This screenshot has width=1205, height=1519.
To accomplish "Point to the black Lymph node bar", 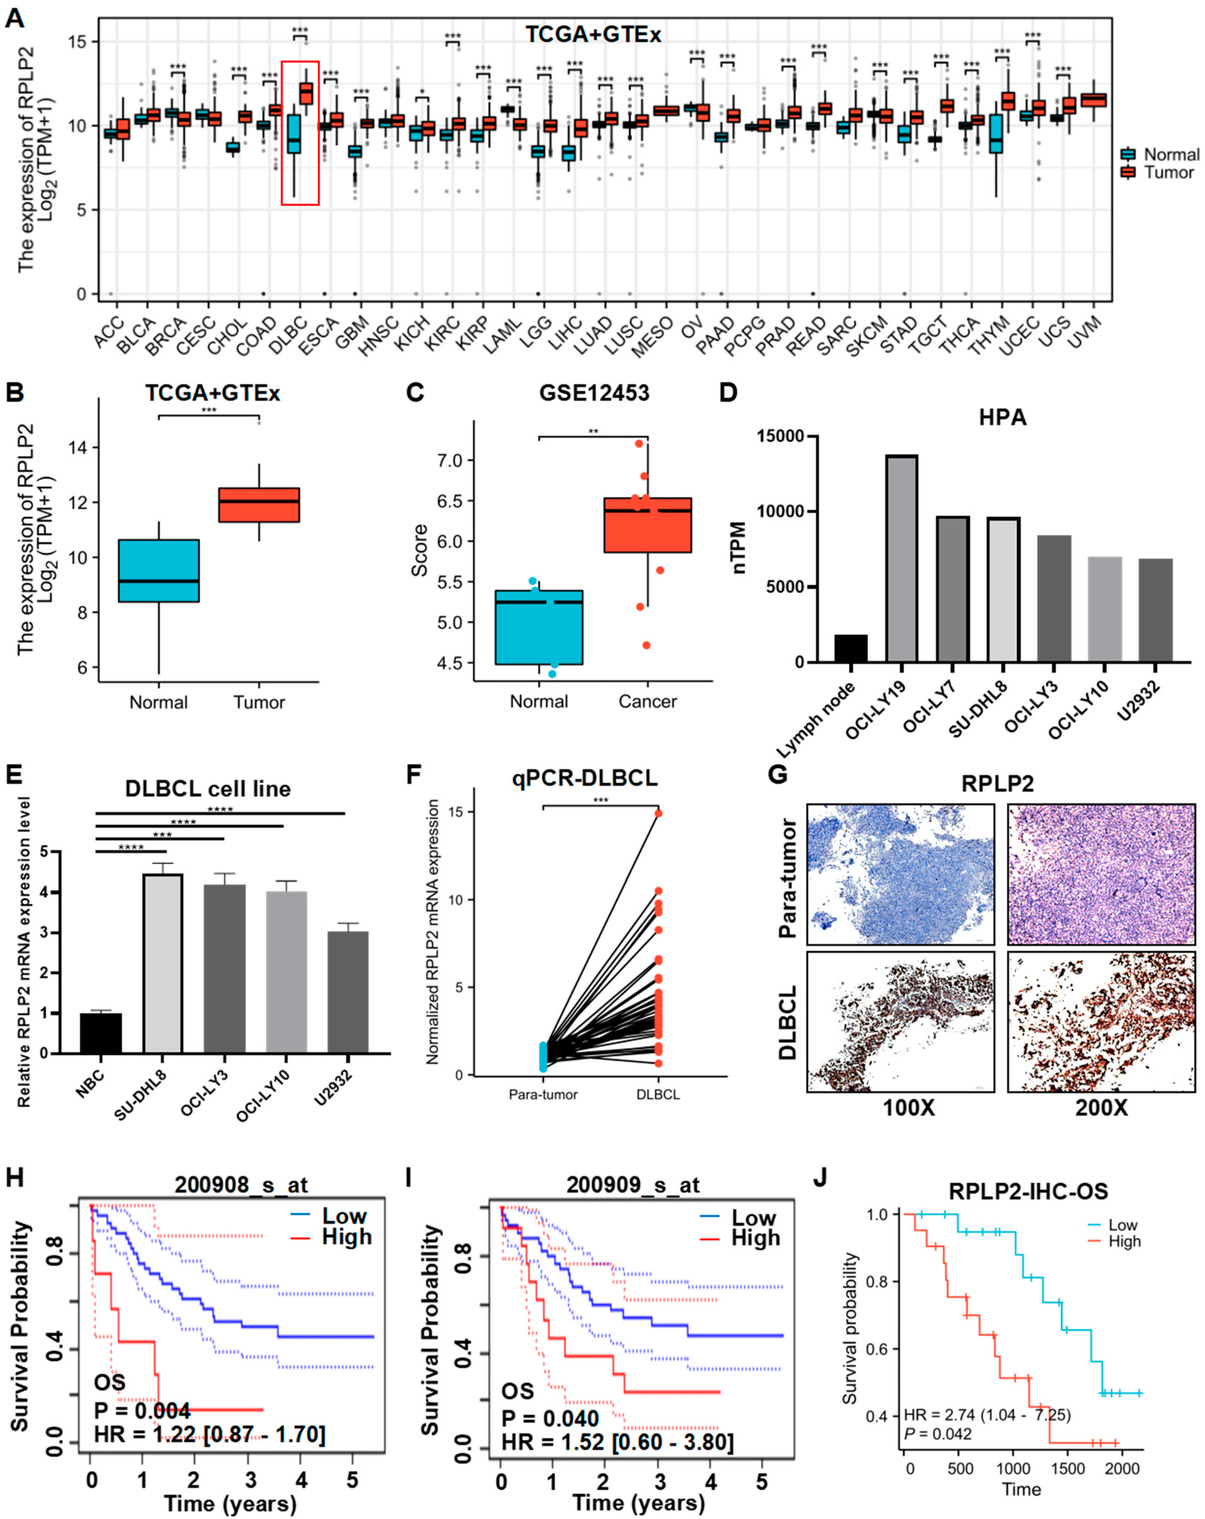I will (x=850, y=648).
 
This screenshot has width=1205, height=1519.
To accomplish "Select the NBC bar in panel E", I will (x=101, y=1034).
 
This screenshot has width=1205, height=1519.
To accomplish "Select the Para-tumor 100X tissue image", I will (x=900, y=874).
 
